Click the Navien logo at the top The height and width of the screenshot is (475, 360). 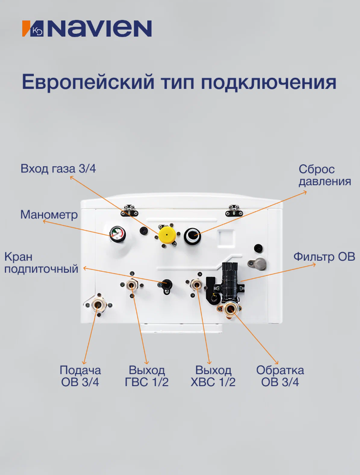point(87,29)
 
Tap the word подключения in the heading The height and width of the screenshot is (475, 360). point(269,82)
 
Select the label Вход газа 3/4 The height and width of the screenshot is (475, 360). point(58,169)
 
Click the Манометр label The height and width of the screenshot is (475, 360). point(49,214)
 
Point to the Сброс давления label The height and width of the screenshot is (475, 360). point(325,175)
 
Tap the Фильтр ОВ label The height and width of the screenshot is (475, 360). point(324,256)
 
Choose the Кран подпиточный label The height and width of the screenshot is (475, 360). point(41,262)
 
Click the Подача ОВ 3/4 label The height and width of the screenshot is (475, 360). point(80,376)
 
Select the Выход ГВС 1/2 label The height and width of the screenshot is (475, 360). point(147,376)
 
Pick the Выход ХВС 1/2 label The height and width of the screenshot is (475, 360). point(213,376)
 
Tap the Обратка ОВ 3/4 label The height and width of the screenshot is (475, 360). point(280,376)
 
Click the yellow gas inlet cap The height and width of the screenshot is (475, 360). point(167,234)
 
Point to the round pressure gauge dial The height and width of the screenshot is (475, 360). point(117,234)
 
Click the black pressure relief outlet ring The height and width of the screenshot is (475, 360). point(193,236)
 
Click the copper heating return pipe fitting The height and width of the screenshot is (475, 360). point(231,309)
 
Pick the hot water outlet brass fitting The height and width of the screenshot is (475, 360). point(132,285)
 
